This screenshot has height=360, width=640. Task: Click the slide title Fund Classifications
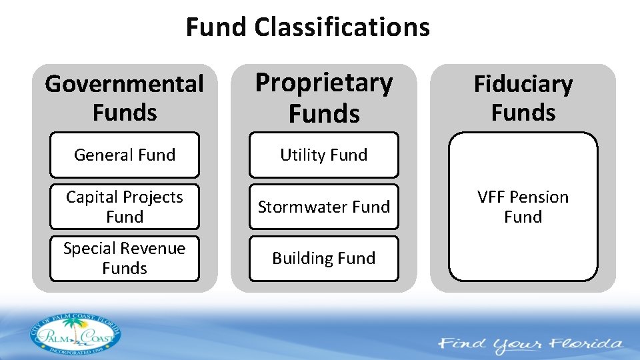coord(307,27)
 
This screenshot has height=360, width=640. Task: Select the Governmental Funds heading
coord(125,98)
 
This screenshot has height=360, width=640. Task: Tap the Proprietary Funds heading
coord(324,98)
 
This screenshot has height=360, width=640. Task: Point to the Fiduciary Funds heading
coord(523,98)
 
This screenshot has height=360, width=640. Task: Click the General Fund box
coord(125,155)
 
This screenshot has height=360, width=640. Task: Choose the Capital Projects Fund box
coord(125,207)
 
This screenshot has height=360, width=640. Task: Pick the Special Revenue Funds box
coord(125,258)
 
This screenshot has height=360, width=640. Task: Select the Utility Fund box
coord(324,155)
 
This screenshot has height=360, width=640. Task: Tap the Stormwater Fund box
coord(324,207)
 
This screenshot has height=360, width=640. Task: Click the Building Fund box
coord(324,258)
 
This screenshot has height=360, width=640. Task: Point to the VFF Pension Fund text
coord(523,207)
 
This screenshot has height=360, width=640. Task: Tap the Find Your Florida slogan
coord(531,345)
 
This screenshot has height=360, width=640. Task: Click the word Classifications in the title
coord(342,27)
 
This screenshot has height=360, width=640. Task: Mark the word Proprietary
coord(324,83)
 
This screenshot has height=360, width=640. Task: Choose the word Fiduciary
coord(523,85)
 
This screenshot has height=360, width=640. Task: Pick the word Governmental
coord(125,85)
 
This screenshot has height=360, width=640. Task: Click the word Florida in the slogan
coord(587,345)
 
